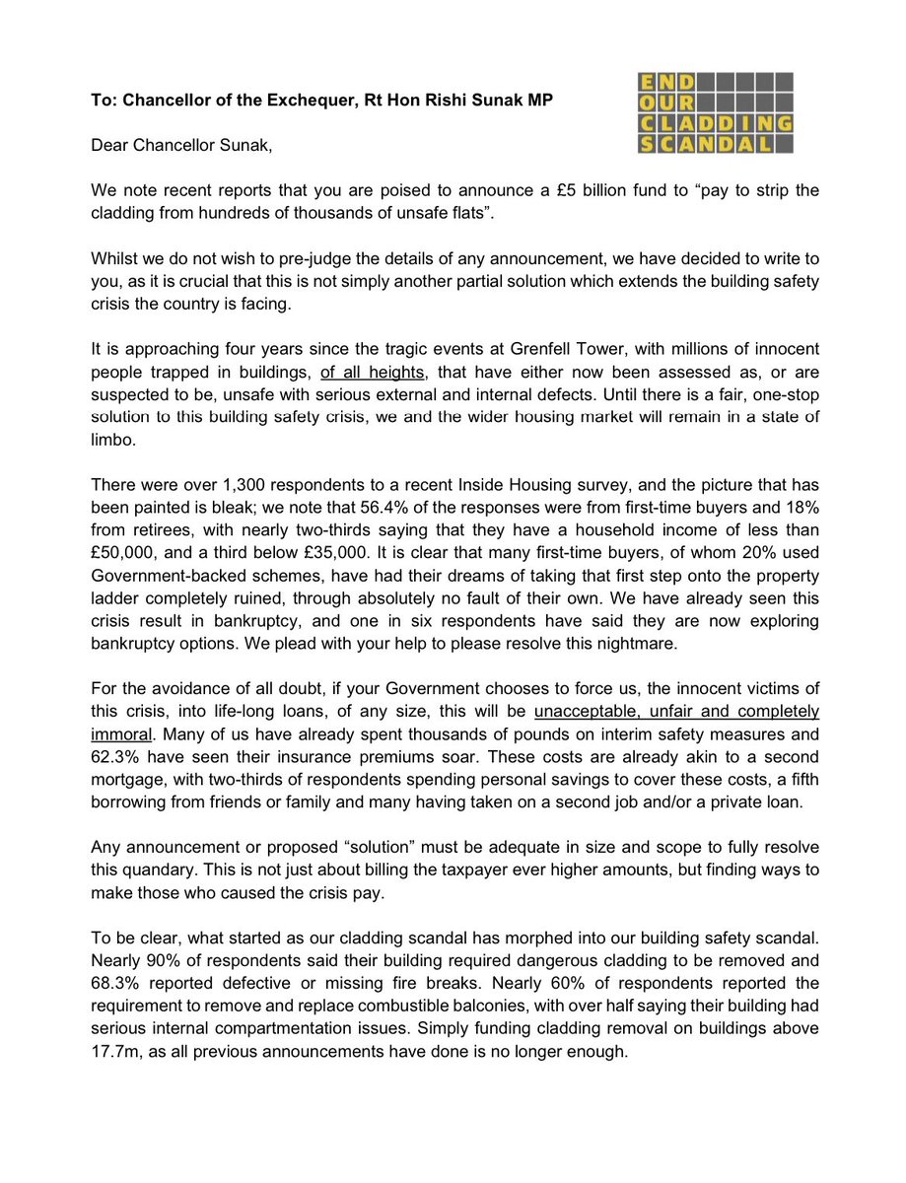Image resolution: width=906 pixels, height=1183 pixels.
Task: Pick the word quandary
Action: pos(157,873)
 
